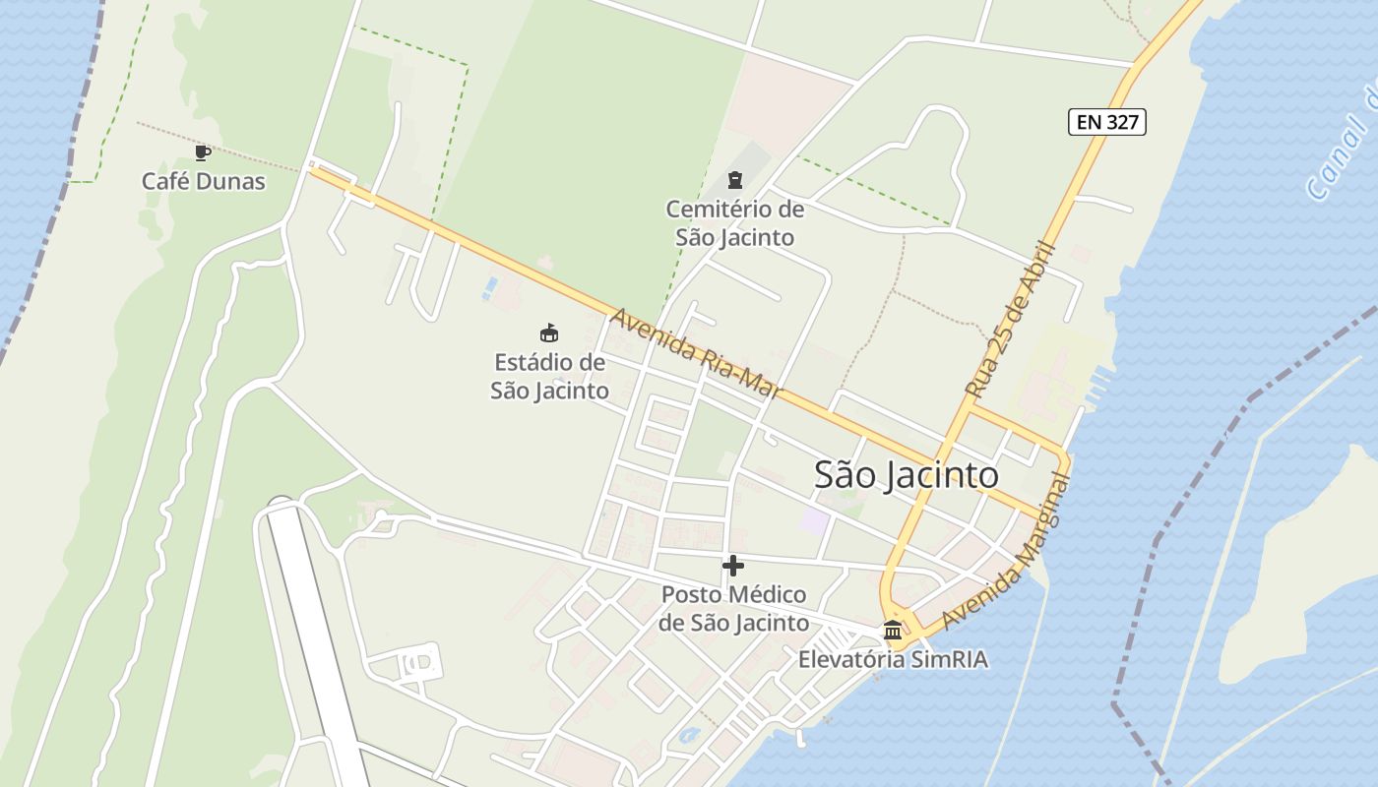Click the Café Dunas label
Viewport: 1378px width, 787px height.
tap(204, 181)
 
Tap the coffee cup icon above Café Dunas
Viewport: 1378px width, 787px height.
tap(203, 152)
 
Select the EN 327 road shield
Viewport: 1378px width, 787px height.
tap(1107, 122)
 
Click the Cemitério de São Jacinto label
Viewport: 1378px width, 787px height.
tap(734, 223)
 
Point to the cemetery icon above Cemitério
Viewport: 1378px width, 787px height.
tap(734, 179)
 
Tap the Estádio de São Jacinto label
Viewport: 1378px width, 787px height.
tap(549, 376)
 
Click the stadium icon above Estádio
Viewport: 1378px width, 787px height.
tap(549, 333)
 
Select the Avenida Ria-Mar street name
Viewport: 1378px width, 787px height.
tap(696, 355)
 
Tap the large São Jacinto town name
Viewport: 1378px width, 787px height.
tap(906, 475)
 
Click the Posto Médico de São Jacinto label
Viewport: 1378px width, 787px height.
tap(733, 609)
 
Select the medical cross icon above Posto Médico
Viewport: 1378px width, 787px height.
tap(733, 566)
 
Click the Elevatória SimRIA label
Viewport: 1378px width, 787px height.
tap(893, 660)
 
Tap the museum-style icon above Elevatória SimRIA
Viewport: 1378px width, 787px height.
tap(893, 630)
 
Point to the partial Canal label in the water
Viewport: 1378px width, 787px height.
tap(1344, 148)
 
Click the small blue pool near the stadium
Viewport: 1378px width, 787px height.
tap(490, 286)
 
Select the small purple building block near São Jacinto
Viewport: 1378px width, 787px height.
tap(814, 520)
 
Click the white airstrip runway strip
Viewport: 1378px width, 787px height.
tap(315, 630)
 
